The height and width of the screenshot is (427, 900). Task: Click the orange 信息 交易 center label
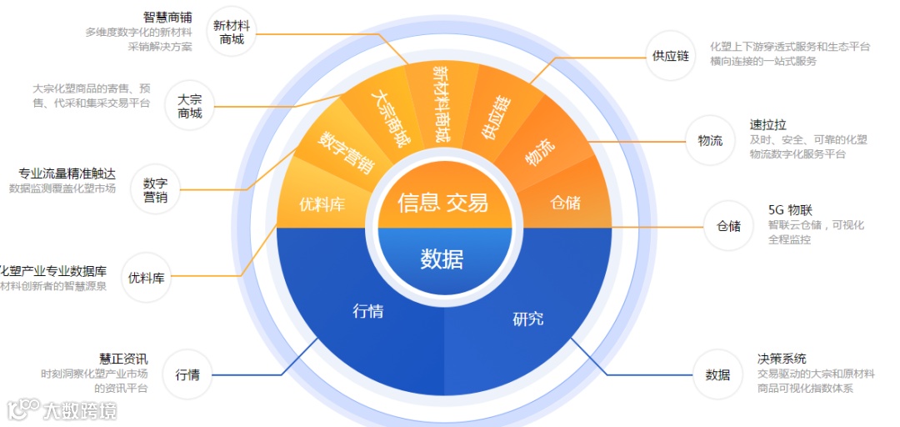(x=442, y=202)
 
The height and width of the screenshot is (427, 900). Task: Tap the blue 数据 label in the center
(x=442, y=259)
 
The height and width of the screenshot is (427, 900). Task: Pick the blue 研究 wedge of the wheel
(x=527, y=318)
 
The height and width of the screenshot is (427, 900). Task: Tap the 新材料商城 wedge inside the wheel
(x=442, y=103)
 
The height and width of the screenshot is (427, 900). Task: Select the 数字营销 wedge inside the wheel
(x=346, y=151)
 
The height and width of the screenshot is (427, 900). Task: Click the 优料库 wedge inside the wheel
(x=322, y=203)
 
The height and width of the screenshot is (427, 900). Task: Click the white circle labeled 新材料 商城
(x=232, y=33)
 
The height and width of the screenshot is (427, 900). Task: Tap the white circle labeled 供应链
(x=671, y=56)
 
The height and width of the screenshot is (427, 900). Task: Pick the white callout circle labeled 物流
(x=710, y=140)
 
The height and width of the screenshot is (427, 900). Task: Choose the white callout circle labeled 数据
(x=717, y=374)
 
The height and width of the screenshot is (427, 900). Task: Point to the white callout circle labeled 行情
(x=187, y=374)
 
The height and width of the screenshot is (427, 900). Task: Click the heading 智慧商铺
(x=167, y=17)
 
